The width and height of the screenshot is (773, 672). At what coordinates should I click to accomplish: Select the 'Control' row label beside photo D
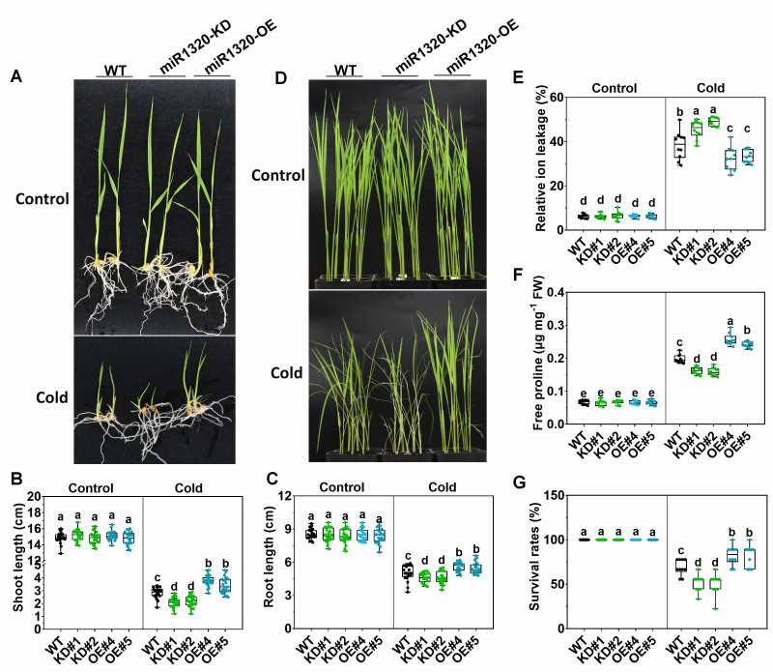pyautogui.click(x=274, y=177)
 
